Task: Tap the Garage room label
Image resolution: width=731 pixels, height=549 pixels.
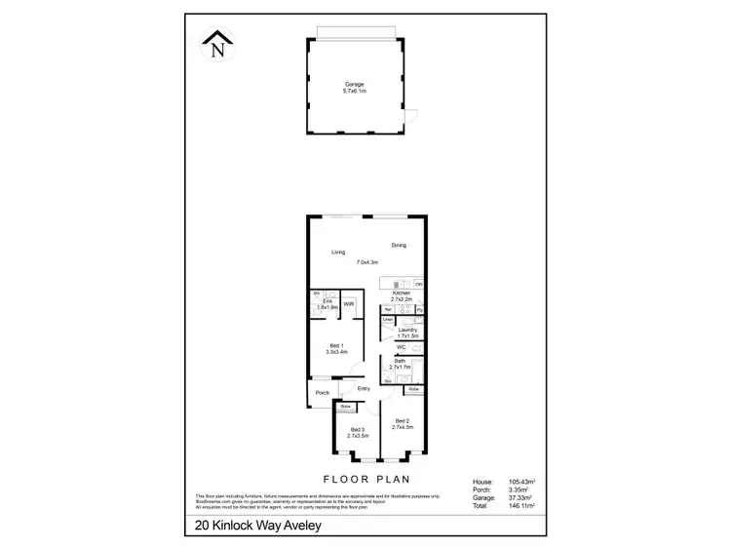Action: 353,85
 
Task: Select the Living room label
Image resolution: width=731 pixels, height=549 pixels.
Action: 337,253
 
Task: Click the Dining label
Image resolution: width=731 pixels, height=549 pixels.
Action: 399,245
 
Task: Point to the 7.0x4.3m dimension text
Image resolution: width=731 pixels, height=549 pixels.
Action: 368,262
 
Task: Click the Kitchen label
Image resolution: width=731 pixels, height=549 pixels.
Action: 400,293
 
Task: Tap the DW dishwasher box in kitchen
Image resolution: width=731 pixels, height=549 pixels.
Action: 419,284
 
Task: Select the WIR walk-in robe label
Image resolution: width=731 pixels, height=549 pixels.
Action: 348,304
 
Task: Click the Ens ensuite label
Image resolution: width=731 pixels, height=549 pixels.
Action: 328,301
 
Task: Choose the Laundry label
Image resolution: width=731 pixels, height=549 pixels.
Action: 407,330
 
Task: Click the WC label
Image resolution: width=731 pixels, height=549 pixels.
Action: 401,347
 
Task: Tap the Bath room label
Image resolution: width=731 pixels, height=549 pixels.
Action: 400,361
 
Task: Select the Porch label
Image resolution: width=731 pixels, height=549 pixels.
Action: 322,393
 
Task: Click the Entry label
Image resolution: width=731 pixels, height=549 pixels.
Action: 364,389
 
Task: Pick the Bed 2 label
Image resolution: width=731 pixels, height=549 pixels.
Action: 404,420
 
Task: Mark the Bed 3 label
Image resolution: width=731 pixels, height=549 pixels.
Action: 358,429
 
